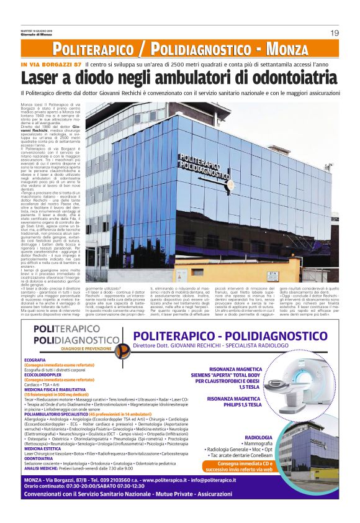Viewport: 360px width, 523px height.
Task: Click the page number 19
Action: point(334,32)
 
